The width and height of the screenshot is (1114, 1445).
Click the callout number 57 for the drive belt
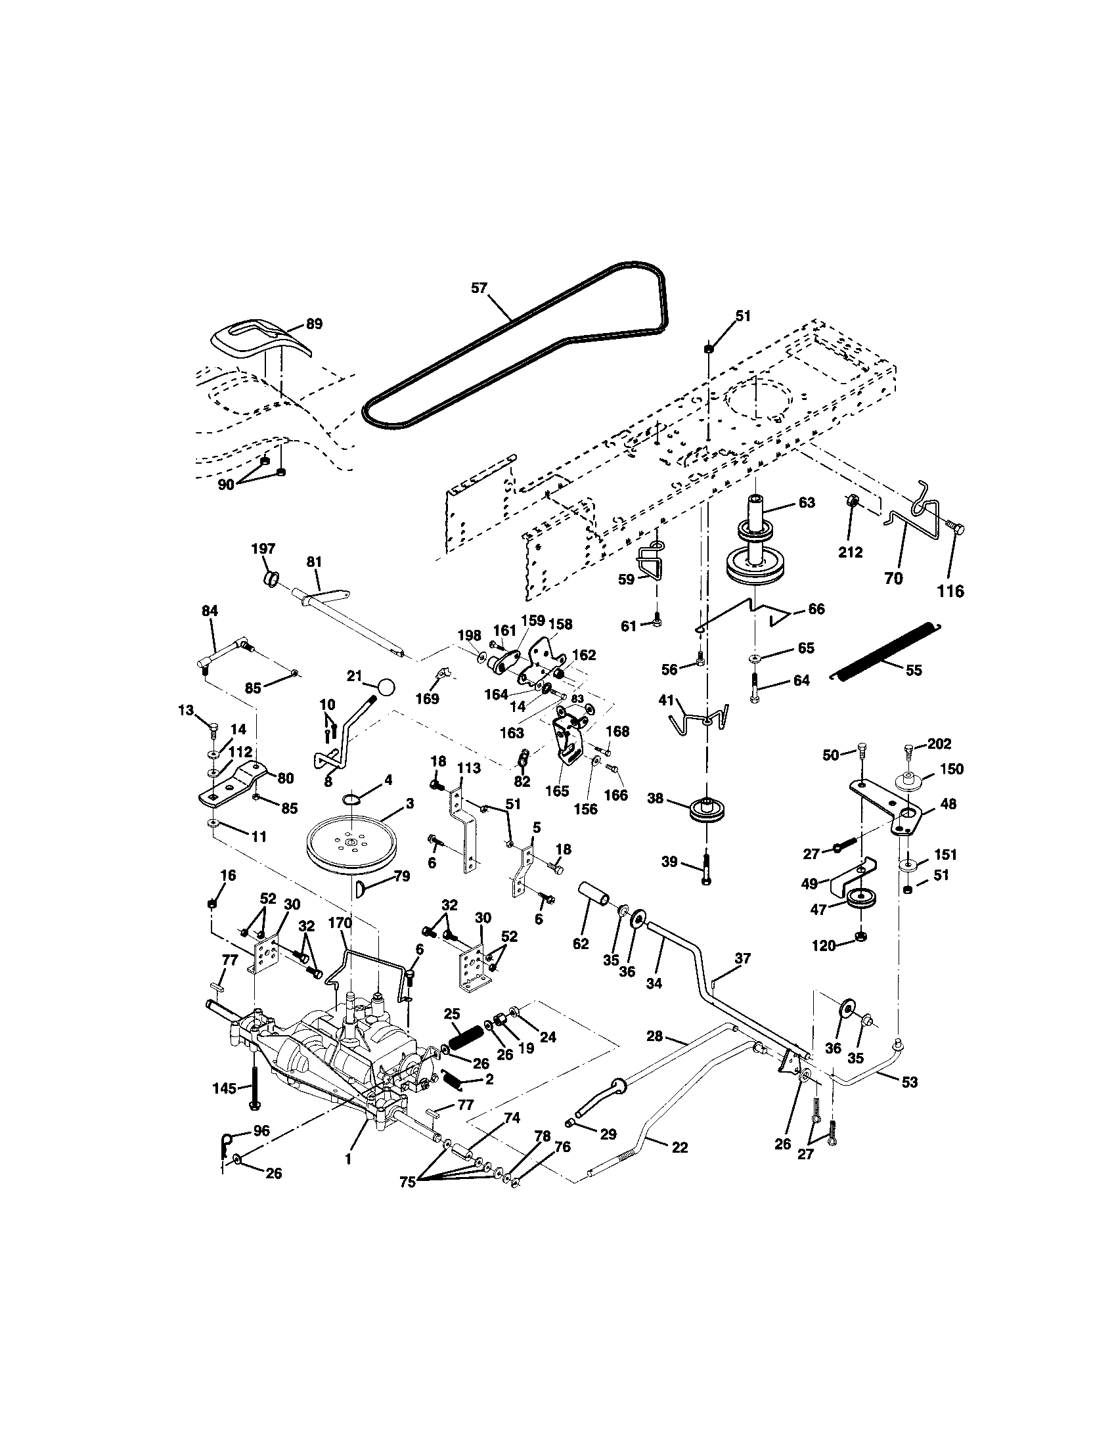[479, 288]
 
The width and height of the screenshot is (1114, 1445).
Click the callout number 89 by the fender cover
[314, 324]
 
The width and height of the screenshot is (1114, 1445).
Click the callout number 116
[951, 591]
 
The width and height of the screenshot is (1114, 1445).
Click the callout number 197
[263, 548]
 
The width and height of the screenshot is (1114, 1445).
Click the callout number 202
[939, 744]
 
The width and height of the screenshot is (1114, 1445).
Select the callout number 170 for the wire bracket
[340, 922]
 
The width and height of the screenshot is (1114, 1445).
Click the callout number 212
[850, 551]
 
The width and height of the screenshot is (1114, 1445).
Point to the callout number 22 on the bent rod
[679, 1148]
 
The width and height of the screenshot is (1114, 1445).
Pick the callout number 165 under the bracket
[558, 791]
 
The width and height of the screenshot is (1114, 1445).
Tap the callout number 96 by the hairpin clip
[261, 1132]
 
